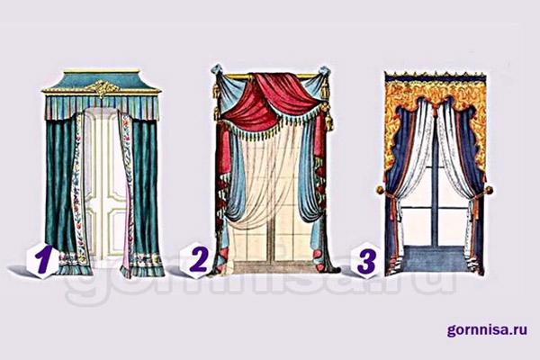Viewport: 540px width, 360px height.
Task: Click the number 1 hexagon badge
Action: (x=41, y=259)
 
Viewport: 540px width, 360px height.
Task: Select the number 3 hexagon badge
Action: (x=366, y=260)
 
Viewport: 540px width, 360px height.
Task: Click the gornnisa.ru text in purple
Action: (x=487, y=329)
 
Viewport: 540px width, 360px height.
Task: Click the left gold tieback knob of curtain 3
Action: (x=380, y=190)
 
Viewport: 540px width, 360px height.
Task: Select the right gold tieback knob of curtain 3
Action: (x=489, y=190)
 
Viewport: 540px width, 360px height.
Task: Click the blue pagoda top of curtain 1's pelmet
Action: (x=102, y=81)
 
